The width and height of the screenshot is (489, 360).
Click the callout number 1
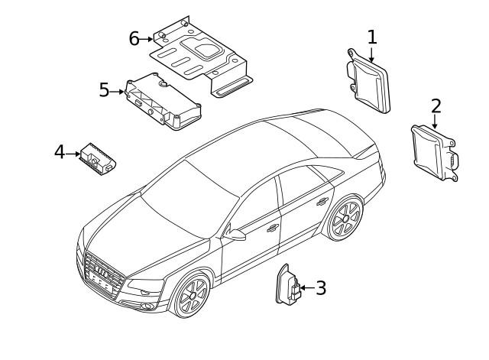pos(372,36)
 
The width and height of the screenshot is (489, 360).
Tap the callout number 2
pos(436,105)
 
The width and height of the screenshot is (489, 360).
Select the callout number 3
pos(321,288)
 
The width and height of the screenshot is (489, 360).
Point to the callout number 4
pos(60,153)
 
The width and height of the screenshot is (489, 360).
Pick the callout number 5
pos(105,90)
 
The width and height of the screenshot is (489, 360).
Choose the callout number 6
pos(134,38)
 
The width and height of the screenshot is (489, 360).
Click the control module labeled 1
pos(370,81)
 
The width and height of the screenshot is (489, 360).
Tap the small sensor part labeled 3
pos(287,290)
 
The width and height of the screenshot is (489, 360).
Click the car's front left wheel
pos(192,297)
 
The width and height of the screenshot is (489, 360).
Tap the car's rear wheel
pos(345,218)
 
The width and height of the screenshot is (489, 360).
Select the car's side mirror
pos(237,234)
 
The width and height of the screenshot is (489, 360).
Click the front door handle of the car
pos(273,227)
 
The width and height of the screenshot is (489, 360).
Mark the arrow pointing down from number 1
pos(372,54)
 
